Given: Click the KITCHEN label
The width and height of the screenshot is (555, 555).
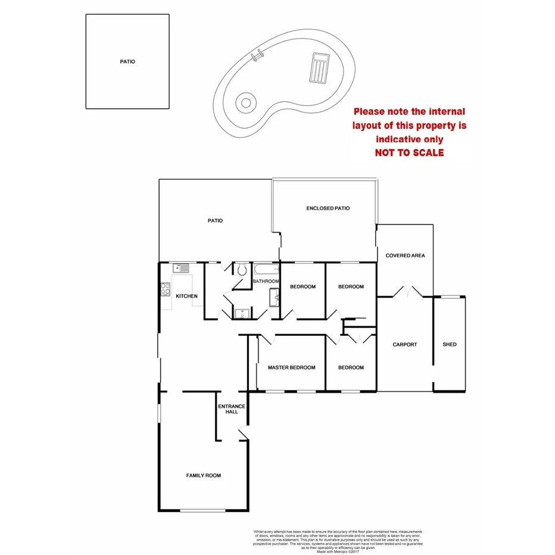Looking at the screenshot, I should pos(186,296).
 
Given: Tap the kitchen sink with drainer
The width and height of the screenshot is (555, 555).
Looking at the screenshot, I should pos(181,269).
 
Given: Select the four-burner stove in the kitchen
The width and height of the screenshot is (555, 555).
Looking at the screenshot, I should pos(165,290).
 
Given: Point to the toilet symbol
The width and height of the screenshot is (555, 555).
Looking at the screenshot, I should pos(241,270).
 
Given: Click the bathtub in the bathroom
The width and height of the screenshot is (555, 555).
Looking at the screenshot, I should pos(266,270).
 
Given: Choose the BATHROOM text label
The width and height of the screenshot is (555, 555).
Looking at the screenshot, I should pos(266,281).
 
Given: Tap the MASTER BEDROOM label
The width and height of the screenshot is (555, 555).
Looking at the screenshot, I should pos(291,367).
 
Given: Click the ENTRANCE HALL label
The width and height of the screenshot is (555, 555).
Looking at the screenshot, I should pos(232,409).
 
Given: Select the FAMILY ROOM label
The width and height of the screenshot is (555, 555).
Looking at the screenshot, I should pos(204,475).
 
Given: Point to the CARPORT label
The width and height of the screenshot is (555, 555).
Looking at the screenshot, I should pos(405,344).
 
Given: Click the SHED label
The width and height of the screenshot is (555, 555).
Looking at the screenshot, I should pos(450,344).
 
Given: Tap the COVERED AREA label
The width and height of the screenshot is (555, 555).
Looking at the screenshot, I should pos(405,255).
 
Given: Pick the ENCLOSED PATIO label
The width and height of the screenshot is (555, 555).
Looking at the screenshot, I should pos(328,208).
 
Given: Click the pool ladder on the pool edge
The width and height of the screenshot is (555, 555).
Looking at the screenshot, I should pos(257,57).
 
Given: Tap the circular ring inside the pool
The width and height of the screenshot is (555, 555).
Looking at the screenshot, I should pos(245,102).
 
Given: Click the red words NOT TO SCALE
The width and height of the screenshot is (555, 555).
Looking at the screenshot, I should pos(409,152).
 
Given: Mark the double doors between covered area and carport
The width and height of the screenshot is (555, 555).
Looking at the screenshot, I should pos(407,292).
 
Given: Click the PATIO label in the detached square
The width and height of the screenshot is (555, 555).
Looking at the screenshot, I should pos(127,61).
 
